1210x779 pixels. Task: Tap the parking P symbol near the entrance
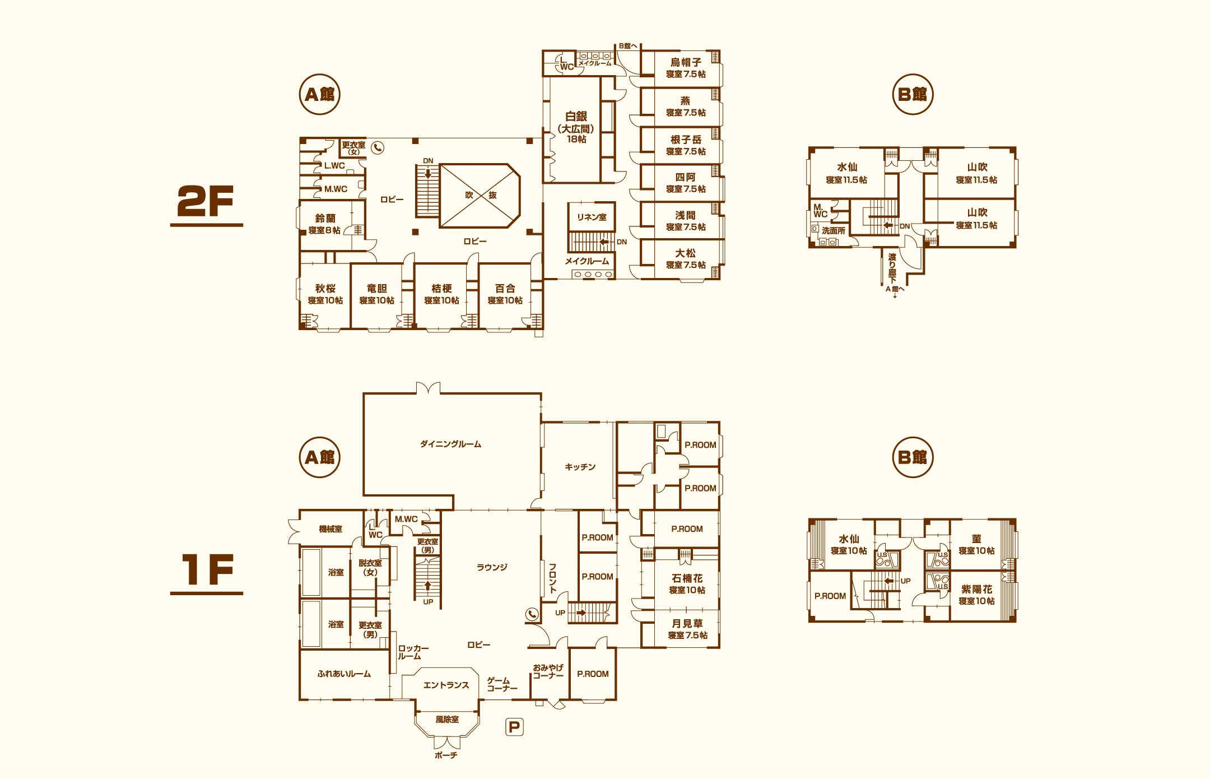[x=514, y=727]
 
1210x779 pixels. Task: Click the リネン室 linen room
[x=592, y=217]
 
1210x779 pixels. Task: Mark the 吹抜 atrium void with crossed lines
[x=480, y=196]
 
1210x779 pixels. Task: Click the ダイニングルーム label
[x=450, y=444]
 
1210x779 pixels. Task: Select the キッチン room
[x=580, y=467]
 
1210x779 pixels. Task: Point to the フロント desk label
[x=552, y=578]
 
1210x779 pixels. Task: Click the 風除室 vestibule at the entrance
[x=447, y=720]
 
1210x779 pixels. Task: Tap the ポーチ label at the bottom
[x=446, y=755]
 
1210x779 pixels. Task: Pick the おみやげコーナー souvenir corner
[x=548, y=672]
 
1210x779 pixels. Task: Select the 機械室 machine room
[x=331, y=529]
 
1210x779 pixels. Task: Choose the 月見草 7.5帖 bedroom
[x=687, y=629]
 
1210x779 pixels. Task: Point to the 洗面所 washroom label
[x=834, y=231]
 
